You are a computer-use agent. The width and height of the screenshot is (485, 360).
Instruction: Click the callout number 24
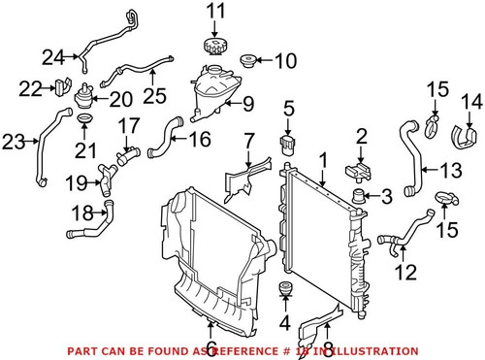pyautogui.click(x=51, y=55)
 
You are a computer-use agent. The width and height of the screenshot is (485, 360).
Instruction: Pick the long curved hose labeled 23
pyautogui.click(x=44, y=146)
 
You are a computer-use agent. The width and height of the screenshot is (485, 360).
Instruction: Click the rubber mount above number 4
pyautogui.click(x=286, y=290)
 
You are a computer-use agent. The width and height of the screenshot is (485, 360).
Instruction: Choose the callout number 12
pyautogui.click(x=408, y=271)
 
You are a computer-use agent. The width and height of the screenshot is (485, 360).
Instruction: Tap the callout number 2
pyautogui.click(x=361, y=137)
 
